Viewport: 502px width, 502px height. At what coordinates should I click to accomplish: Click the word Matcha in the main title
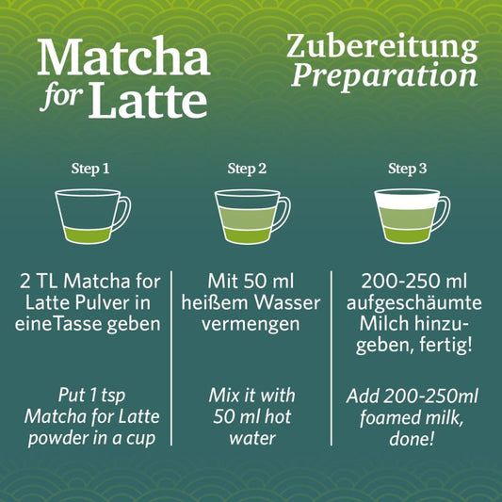coord(122,59)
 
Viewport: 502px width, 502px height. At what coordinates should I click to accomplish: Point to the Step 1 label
coord(90,170)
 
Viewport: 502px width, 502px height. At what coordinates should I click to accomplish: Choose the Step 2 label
coord(247,170)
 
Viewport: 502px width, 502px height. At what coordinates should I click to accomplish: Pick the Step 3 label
coord(408,170)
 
